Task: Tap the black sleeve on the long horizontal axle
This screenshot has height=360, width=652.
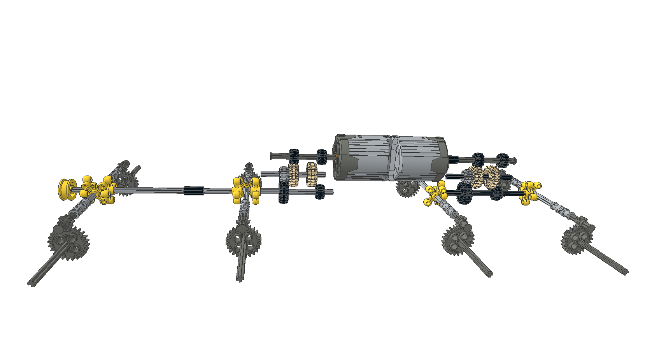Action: tap(194, 191)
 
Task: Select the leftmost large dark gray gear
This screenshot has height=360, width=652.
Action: tap(69, 241)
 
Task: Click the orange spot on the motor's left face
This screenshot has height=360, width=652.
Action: tap(335, 156)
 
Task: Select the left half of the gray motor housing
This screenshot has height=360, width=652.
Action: tap(364, 158)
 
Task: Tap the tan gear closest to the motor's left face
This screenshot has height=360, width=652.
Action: tap(312, 174)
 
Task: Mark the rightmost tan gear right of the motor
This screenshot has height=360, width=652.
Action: tap(492, 177)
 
